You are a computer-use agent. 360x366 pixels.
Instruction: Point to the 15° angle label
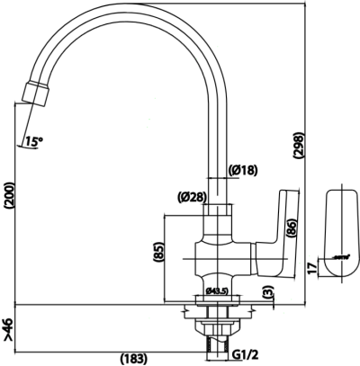coord(34,140)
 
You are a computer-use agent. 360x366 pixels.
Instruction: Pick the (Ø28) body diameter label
coord(194,197)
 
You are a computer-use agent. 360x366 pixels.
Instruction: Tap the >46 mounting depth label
coord(9,331)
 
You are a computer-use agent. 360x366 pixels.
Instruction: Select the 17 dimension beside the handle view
coord(310,267)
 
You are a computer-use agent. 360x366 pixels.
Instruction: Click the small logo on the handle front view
coord(339,257)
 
